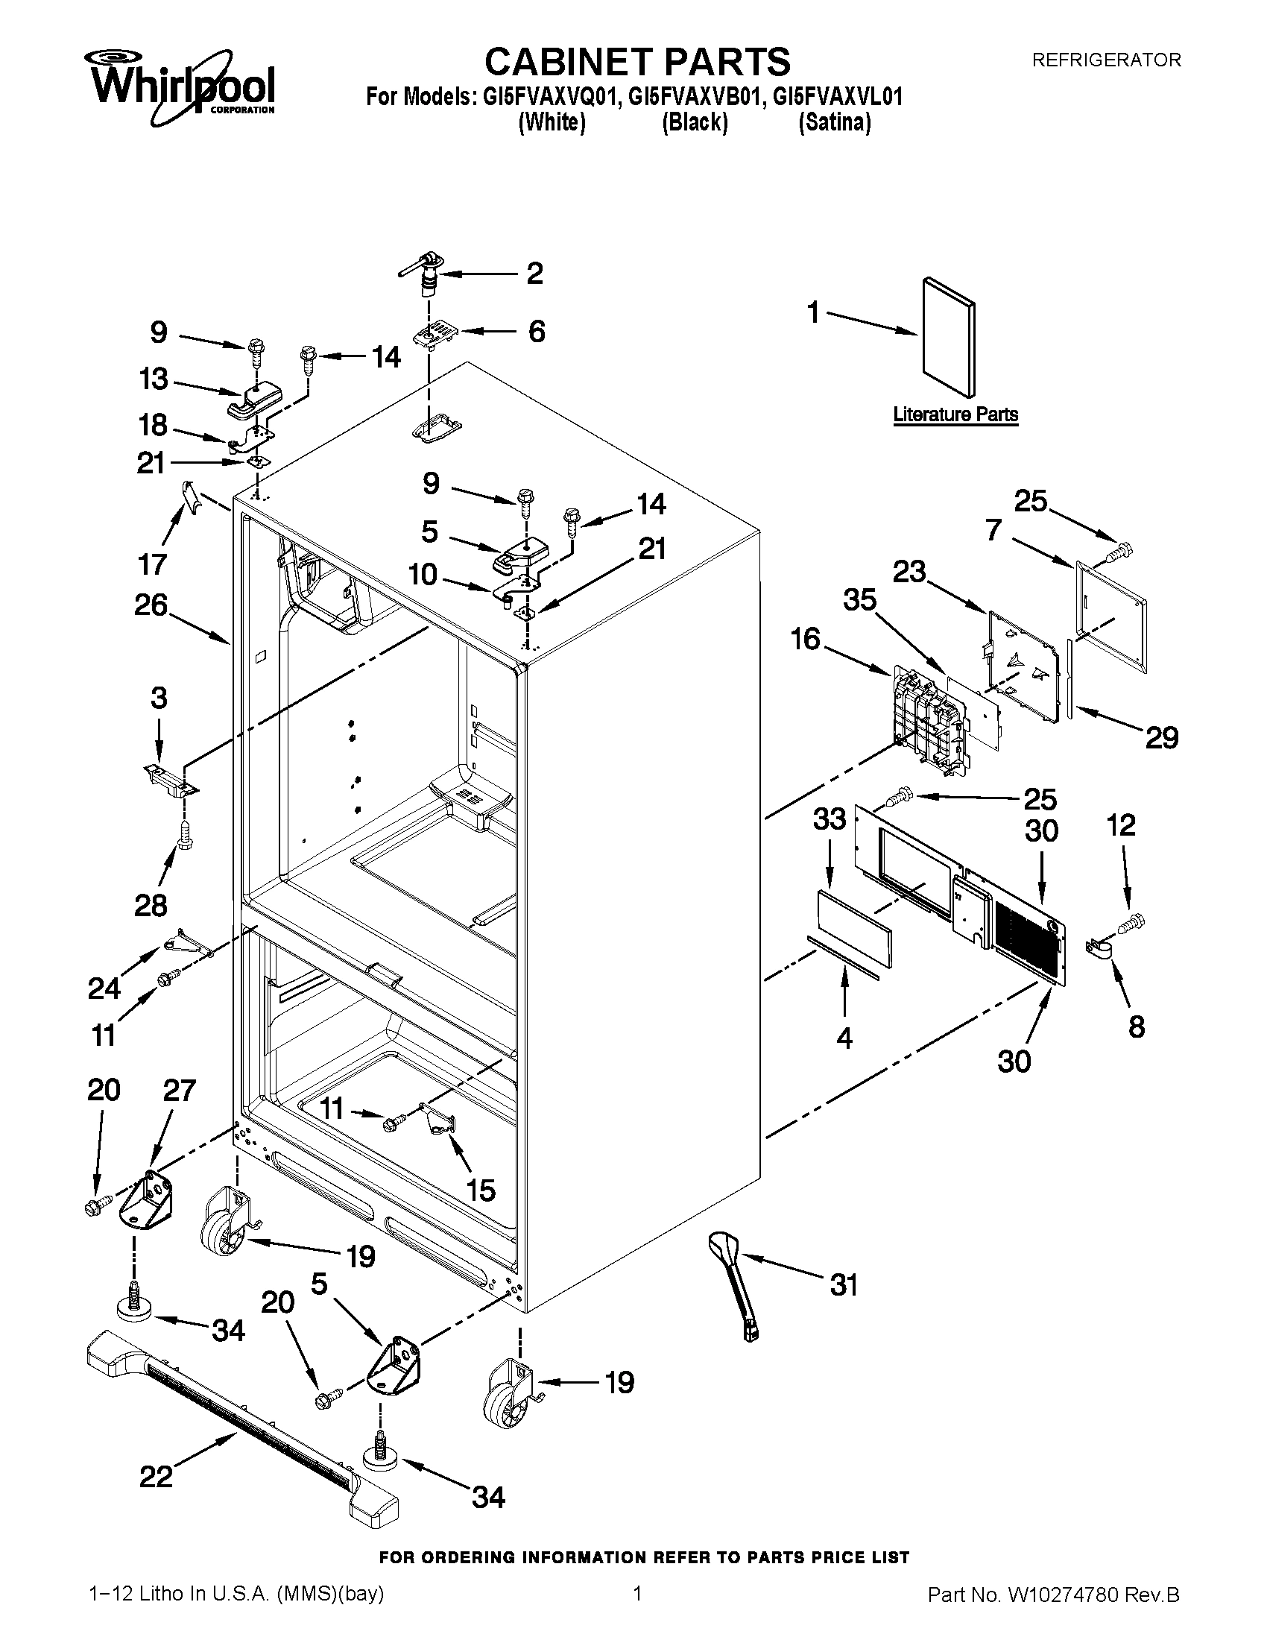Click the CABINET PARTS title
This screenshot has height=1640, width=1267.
(636, 62)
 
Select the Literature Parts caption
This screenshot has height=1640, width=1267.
(955, 414)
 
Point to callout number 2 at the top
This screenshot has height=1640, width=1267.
(534, 274)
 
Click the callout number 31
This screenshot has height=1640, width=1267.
(844, 1285)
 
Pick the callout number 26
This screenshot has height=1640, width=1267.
(150, 605)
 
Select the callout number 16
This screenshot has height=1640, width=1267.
(806, 640)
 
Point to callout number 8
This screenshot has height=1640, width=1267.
(1137, 1026)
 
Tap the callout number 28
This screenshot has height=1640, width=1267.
(150, 906)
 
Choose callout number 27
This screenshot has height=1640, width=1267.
(180, 1091)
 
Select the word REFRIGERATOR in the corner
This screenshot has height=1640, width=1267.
(1106, 60)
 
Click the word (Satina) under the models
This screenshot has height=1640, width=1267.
(835, 122)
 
